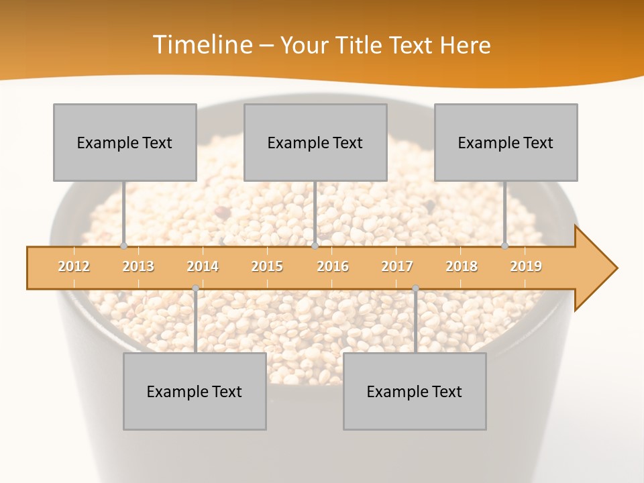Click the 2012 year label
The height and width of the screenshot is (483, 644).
tap(74, 266)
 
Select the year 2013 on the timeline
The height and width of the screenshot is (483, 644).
tap(138, 266)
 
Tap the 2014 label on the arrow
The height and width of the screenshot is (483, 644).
tap(203, 266)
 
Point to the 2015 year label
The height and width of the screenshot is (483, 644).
tap(267, 266)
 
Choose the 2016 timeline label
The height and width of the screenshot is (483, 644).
tap(333, 266)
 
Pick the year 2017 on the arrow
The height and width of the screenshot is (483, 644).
tap(397, 266)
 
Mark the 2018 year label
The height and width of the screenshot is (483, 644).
tap(462, 266)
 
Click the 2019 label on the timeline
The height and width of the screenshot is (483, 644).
tap(526, 266)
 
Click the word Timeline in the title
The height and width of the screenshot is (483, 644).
tap(201, 45)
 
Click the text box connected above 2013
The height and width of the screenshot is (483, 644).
tap(125, 142)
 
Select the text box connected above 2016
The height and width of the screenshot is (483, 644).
tap(315, 142)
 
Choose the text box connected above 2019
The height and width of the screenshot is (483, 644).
tap(506, 142)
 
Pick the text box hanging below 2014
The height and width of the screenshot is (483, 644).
tap(195, 391)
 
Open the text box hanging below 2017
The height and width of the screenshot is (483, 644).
tap(415, 391)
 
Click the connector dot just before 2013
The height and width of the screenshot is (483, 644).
tap(123, 246)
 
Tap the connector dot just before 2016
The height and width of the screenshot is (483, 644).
tap(315, 246)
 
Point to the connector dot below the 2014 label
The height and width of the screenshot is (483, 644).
tap(195, 288)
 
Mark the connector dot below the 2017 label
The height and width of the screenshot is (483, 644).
tap(415, 288)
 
